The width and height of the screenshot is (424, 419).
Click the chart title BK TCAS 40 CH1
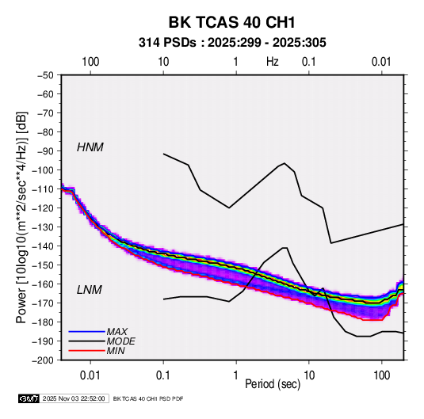231,22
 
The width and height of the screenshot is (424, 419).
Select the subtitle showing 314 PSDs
232,43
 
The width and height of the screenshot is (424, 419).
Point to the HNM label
90,147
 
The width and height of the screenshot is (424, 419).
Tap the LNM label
90,290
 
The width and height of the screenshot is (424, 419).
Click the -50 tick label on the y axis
45,75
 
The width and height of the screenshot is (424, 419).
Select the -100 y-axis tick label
43,170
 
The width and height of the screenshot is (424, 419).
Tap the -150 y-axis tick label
43,265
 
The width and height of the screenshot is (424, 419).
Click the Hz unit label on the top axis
273,62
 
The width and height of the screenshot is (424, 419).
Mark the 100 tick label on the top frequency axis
90,62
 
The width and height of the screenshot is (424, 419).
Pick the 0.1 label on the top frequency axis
309,62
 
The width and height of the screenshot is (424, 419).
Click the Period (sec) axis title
273,384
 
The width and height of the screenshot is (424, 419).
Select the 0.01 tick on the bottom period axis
90,375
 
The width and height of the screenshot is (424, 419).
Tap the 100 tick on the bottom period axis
381,375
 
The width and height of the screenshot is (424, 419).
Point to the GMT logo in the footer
29,398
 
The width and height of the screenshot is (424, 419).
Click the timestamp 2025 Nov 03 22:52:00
74,398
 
